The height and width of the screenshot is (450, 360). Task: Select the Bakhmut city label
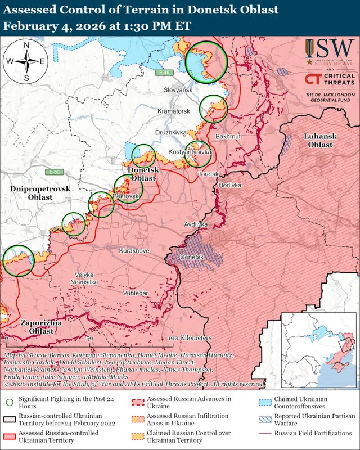pos(228,137)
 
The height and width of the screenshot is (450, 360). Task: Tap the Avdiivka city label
pos(196,224)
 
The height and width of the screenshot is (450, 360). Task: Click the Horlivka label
pos(230,185)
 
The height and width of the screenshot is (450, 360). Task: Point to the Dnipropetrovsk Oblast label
pos(40,193)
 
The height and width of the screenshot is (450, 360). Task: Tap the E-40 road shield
pos(164,73)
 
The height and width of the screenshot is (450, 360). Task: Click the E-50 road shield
pos(55,172)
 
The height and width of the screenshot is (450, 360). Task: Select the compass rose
pos(26,62)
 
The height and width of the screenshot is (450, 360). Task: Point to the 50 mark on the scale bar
pos(90,339)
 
